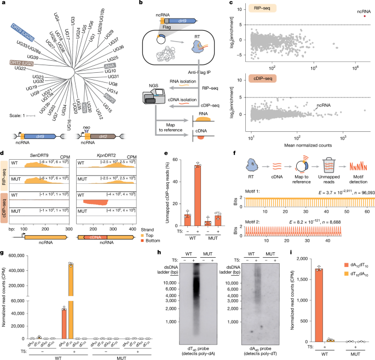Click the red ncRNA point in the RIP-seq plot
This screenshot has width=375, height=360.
pyautogui.click(x=365, y=16)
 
